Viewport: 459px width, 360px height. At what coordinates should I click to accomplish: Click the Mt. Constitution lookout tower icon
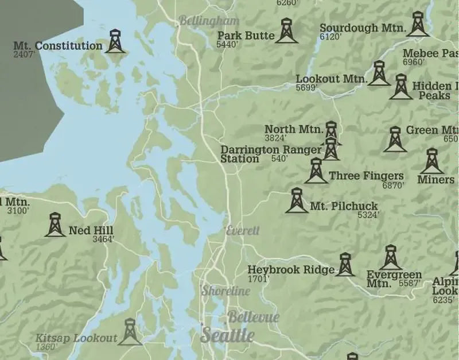tap(115, 41)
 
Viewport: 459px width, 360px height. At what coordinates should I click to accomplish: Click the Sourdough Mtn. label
tap(363, 28)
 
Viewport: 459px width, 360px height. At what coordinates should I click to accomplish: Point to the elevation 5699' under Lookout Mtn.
tap(306, 88)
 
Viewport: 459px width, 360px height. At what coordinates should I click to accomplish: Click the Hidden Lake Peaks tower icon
tap(400, 87)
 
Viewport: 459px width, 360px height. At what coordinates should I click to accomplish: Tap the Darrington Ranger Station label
tap(271, 154)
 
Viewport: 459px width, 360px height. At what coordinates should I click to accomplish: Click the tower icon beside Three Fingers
tap(316, 171)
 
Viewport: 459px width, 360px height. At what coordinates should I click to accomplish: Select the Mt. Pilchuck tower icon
tap(297, 200)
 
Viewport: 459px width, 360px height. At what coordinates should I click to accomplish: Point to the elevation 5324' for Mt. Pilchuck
tap(368, 215)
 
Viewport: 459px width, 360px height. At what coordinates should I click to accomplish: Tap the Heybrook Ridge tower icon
tap(345, 265)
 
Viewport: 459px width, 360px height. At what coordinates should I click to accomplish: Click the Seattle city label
tap(227, 335)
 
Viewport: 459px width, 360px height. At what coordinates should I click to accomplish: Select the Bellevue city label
tap(253, 317)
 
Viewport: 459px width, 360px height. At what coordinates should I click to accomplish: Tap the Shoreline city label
tap(225, 291)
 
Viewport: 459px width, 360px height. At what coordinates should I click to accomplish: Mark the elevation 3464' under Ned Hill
tap(103, 239)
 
